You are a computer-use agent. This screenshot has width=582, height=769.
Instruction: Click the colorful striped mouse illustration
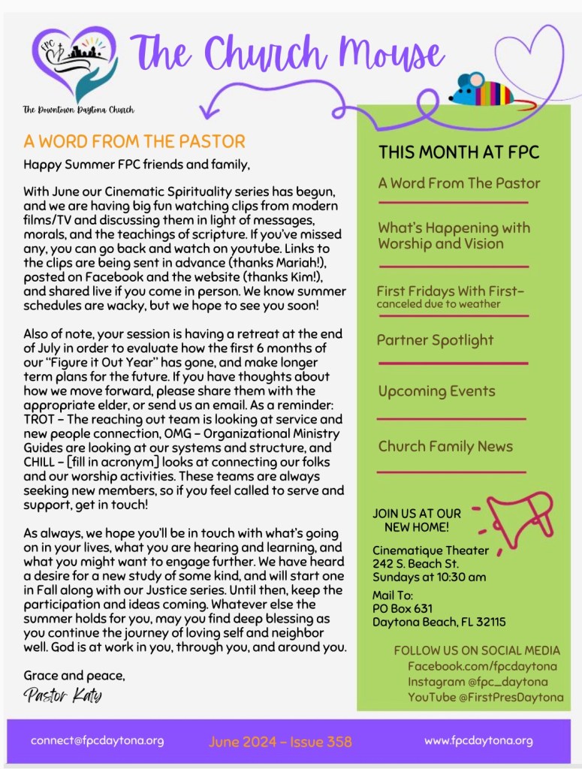click(481, 89)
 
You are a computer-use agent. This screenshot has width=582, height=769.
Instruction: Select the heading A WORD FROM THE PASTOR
click(134, 141)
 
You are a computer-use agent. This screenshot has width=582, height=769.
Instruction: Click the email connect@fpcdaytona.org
click(97, 740)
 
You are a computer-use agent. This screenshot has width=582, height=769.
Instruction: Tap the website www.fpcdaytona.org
click(478, 740)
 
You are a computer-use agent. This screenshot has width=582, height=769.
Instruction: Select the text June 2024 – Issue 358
click(280, 741)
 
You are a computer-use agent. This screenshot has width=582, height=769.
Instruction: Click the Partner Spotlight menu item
click(435, 340)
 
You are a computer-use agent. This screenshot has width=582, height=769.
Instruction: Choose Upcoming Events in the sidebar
click(436, 391)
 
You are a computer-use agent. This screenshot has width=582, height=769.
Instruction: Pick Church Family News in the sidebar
click(445, 446)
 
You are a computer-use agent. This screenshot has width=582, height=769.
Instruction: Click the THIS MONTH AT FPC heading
click(459, 152)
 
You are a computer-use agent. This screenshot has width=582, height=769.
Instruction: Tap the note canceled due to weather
click(438, 304)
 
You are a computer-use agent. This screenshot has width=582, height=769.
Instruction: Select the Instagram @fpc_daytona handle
click(478, 682)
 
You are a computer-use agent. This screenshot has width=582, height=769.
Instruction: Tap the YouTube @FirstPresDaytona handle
click(485, 698)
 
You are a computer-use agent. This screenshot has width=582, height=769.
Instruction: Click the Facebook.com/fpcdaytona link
click(482, 666)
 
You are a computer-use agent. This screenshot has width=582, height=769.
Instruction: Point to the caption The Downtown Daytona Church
click(78, 110)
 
